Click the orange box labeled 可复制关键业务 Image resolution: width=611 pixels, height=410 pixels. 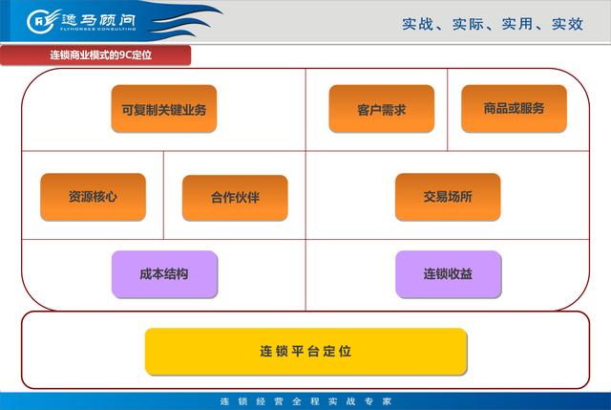(164, 109)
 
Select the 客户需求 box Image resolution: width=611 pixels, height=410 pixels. (382, 109)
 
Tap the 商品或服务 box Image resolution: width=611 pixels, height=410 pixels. (514, 109)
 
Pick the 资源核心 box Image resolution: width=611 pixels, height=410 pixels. (94, 197)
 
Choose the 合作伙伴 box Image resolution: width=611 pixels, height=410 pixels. (235, 198)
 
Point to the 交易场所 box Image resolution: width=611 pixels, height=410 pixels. (448, 197)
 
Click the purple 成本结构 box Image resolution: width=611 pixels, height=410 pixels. (164, 274)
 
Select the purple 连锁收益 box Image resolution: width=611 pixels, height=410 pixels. (449, 274)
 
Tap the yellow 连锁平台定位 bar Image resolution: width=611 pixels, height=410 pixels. (305, 352)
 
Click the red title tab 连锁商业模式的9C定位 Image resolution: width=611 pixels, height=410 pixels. (95, 55)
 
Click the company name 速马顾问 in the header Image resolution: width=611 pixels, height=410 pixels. (98, 19)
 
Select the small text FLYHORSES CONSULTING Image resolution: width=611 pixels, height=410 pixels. (97, 29)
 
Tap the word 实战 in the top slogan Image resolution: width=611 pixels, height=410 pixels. (417, 24)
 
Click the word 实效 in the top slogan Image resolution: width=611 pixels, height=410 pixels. (567, 24)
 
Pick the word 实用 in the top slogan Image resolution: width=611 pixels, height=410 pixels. (517, 24)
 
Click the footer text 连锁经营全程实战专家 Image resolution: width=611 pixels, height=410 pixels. (305, 401)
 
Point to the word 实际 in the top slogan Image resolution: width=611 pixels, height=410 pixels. (468, 24)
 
